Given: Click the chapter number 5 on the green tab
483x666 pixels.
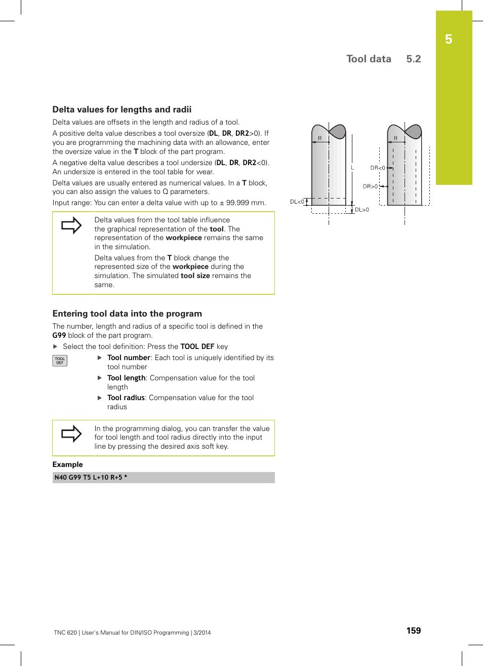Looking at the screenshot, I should click(449, 40).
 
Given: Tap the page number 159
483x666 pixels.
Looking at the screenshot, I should click(413, 631).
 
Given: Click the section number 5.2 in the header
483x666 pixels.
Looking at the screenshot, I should click(413, 59).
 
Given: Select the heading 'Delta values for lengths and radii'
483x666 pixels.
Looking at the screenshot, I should click(122, 109).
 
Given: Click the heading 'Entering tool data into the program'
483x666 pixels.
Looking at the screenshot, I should click(127, 314).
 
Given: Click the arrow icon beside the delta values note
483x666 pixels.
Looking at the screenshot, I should click(71, 225).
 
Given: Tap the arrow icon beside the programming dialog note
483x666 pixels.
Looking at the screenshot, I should click(71, 434).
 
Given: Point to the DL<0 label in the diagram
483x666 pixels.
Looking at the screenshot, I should click(297, 202).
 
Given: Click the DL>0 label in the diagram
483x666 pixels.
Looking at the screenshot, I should click(362, 210).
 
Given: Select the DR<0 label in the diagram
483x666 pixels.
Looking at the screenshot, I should click(377, 168).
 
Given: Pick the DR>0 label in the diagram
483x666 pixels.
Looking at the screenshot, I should click(370, 186).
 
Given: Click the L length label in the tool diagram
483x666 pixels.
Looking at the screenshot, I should click(352, 168).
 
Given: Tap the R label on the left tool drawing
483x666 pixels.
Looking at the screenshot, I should click(319, 138).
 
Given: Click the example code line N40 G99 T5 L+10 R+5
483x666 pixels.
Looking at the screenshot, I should click(91, 477).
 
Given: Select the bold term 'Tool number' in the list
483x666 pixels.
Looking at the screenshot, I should click(129, 358).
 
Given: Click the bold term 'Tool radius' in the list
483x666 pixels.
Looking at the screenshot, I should click(126, 398).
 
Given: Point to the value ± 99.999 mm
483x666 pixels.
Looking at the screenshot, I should click(242, 203).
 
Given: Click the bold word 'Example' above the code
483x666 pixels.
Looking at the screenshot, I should click(67, 464).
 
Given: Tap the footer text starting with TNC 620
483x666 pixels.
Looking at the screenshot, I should click(132, 633).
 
